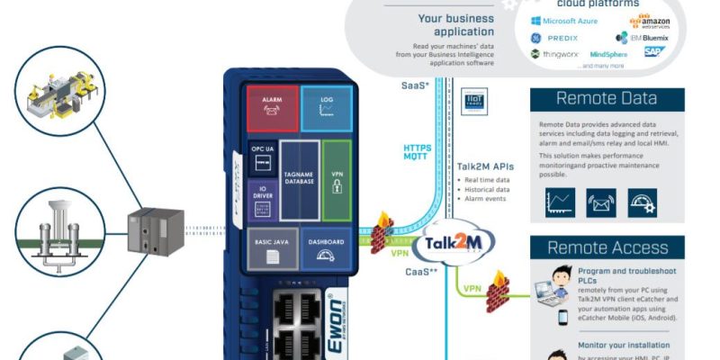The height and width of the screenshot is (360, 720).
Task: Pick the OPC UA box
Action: (x=262, y=157)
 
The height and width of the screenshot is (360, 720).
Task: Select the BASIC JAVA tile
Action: (x=272, y=248)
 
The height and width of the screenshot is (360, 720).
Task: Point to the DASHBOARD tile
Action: (x=326, y=248)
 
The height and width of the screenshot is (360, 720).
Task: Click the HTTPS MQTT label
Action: (x=418, y=152)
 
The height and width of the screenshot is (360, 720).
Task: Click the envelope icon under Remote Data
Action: (x=600, y=202)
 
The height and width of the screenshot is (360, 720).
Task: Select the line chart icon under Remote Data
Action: (x=559, y=202)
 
